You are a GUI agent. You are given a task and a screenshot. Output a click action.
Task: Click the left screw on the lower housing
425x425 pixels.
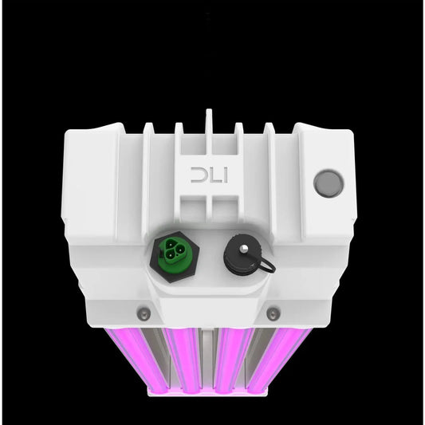[143, 312]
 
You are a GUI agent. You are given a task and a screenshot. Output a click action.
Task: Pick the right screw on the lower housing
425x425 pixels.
[273, 313]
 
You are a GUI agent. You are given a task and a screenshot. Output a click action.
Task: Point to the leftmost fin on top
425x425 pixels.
[148, 128]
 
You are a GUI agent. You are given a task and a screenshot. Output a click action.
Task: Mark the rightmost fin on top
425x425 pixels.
[269, 128]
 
